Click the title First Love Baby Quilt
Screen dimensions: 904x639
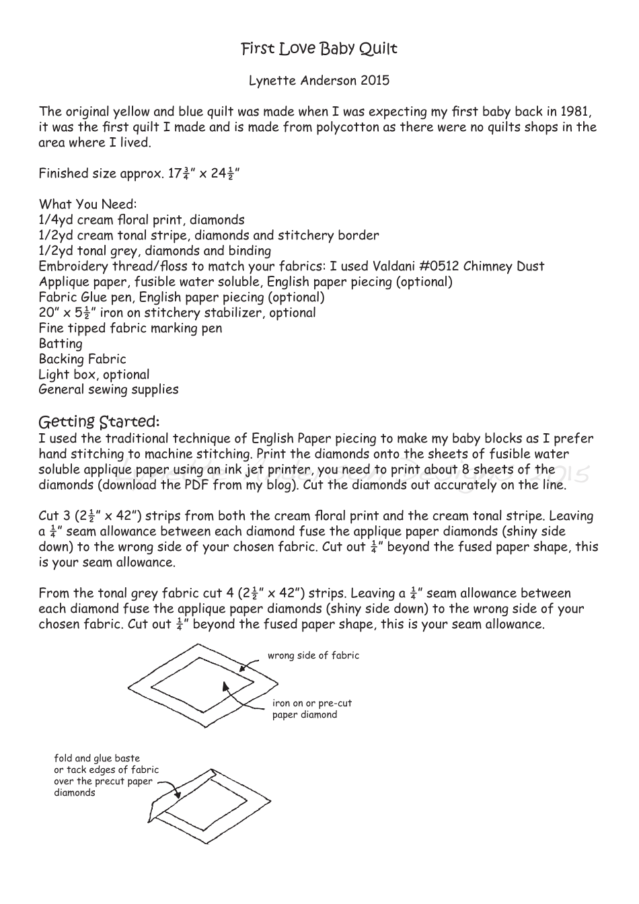[319, 49]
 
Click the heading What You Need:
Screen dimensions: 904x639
[87, 204]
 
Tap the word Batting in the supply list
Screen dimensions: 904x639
[61, 344]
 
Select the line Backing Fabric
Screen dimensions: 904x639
[82, 359]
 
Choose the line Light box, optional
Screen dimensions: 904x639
[93, 375]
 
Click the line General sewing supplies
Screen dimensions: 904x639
[108, 389]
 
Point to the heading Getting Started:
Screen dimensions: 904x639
[99, 422]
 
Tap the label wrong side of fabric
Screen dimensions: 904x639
[313, 656]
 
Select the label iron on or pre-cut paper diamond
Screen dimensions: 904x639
[311, 709]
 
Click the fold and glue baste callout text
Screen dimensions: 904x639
[106, 776]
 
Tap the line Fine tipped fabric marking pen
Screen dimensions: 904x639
[130, 328]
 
